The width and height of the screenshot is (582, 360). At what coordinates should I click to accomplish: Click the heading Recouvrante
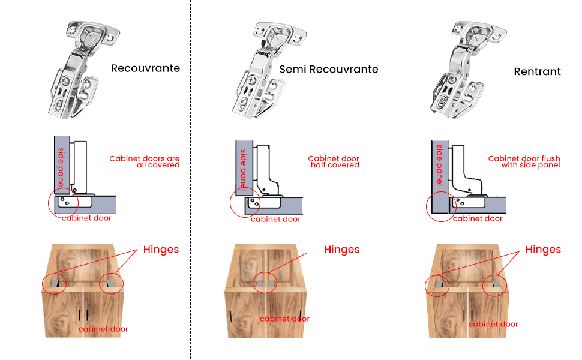(x=145, y=68)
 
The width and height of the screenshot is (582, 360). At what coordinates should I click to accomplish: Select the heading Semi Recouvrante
(x=329, y=70)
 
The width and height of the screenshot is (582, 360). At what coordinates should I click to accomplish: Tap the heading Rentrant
(x=537, y=71)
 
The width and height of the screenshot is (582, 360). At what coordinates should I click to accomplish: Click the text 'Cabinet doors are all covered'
(x=145, y=162)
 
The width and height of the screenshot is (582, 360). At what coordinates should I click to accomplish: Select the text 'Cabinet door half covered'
(x=334, y=162)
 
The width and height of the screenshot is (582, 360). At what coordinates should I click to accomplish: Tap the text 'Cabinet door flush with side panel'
(x=524, y=162)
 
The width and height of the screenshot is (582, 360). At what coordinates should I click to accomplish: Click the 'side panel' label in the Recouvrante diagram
(x=61, y=166)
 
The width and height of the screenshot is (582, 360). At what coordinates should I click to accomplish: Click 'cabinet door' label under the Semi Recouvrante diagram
(x=275, y=220)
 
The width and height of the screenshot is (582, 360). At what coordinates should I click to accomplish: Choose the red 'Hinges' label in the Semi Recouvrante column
(x=341, y=250)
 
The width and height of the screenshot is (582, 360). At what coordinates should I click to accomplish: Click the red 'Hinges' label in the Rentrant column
(x=543, y=250)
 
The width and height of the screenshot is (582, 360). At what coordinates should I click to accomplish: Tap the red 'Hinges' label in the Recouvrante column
(x=161, y=250)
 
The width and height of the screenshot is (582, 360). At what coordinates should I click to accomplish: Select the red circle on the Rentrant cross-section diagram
(x=441, y=206)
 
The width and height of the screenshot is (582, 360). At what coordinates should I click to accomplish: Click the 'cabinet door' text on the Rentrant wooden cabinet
(x=493, y=325)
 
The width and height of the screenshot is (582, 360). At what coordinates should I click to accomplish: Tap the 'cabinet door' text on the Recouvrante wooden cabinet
(x=103, y=329)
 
